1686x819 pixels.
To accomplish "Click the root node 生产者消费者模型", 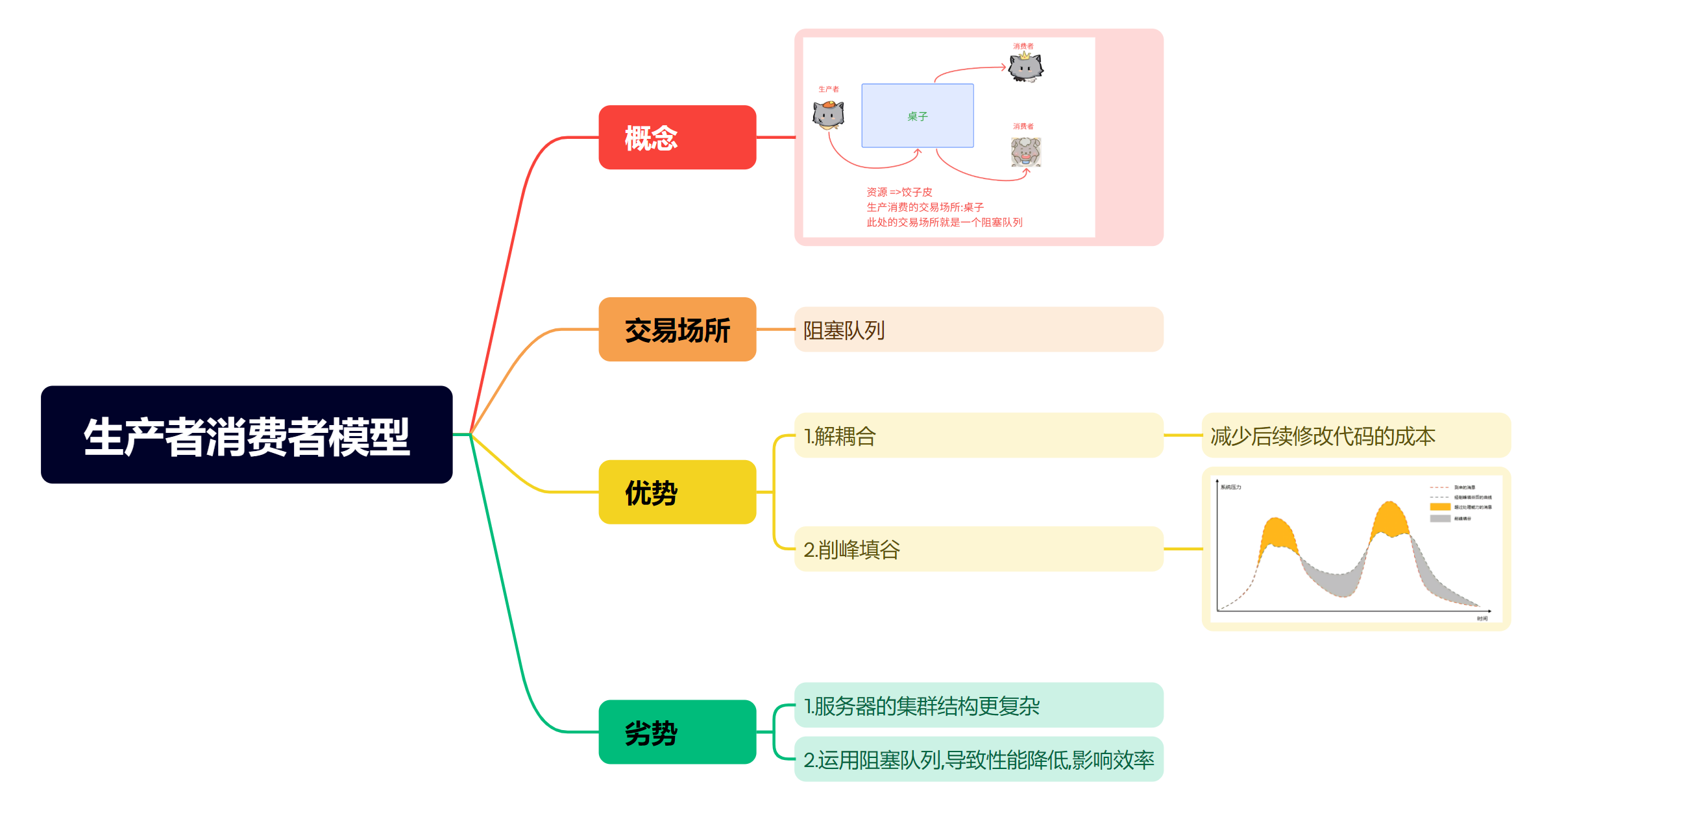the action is click(246, 435).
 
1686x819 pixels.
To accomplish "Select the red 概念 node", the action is click(677, 138).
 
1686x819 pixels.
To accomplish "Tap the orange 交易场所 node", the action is click(677, 329).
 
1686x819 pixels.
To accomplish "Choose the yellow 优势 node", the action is click(677, 492).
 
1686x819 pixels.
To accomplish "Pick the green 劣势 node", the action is click(677, 731).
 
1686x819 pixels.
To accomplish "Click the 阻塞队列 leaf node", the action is click(978, 329).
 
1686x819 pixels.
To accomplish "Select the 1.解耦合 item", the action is click(978, 435).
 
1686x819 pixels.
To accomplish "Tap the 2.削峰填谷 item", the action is click(978, 548).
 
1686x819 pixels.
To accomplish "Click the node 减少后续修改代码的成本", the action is click(1356, 435).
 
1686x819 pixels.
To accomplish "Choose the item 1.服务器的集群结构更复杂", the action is click(978, 705).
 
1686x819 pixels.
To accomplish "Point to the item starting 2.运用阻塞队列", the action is click(978, 759).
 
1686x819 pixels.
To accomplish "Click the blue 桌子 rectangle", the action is click(917, 116).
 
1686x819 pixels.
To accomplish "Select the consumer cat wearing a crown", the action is click(1025, 67).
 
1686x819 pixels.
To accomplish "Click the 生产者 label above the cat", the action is click(828, 89).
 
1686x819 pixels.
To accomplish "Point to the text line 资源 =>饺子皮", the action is click(899, 192).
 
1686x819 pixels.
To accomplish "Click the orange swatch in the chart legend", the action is click(1440, 507).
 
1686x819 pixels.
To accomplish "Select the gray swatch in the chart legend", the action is click(1440, 519).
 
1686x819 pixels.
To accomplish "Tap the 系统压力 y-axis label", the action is click(1230, 487).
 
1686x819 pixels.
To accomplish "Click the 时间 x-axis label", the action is click(1482, 618).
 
